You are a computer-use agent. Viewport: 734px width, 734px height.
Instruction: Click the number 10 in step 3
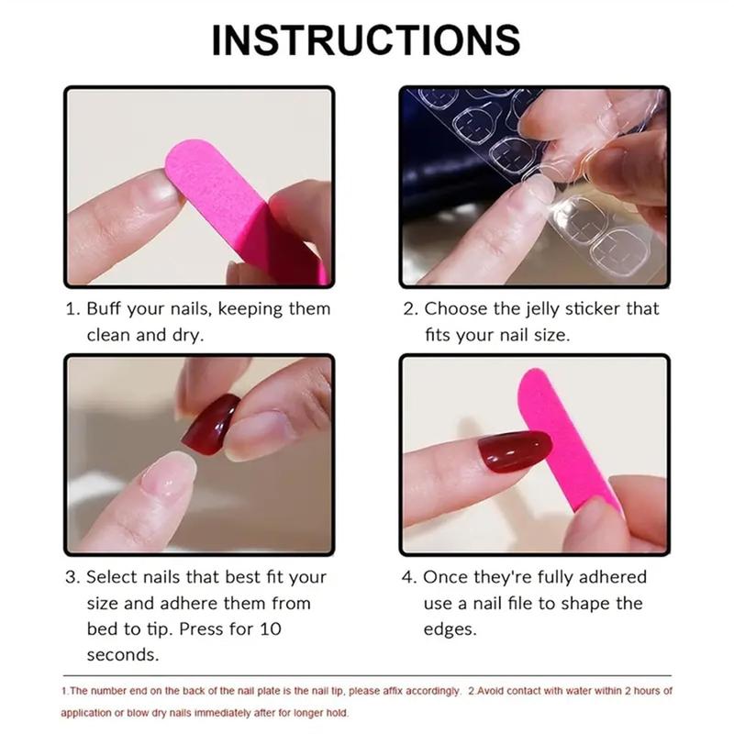pos(271,629)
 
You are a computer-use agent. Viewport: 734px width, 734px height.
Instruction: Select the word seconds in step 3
pos(123,655)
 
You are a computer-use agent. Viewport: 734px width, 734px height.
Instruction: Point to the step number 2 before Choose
pos(409,309)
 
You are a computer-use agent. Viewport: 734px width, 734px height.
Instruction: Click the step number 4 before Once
pos(409,577)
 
